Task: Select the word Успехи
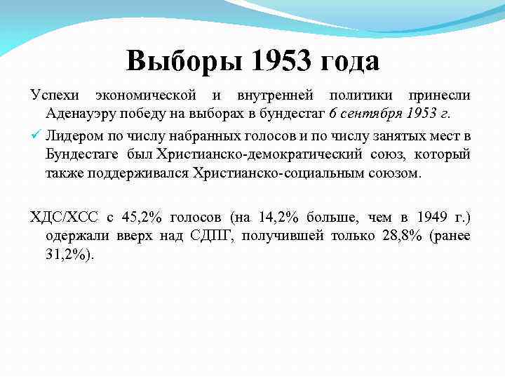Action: point(54,95)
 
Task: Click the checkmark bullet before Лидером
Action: point(36,134)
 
